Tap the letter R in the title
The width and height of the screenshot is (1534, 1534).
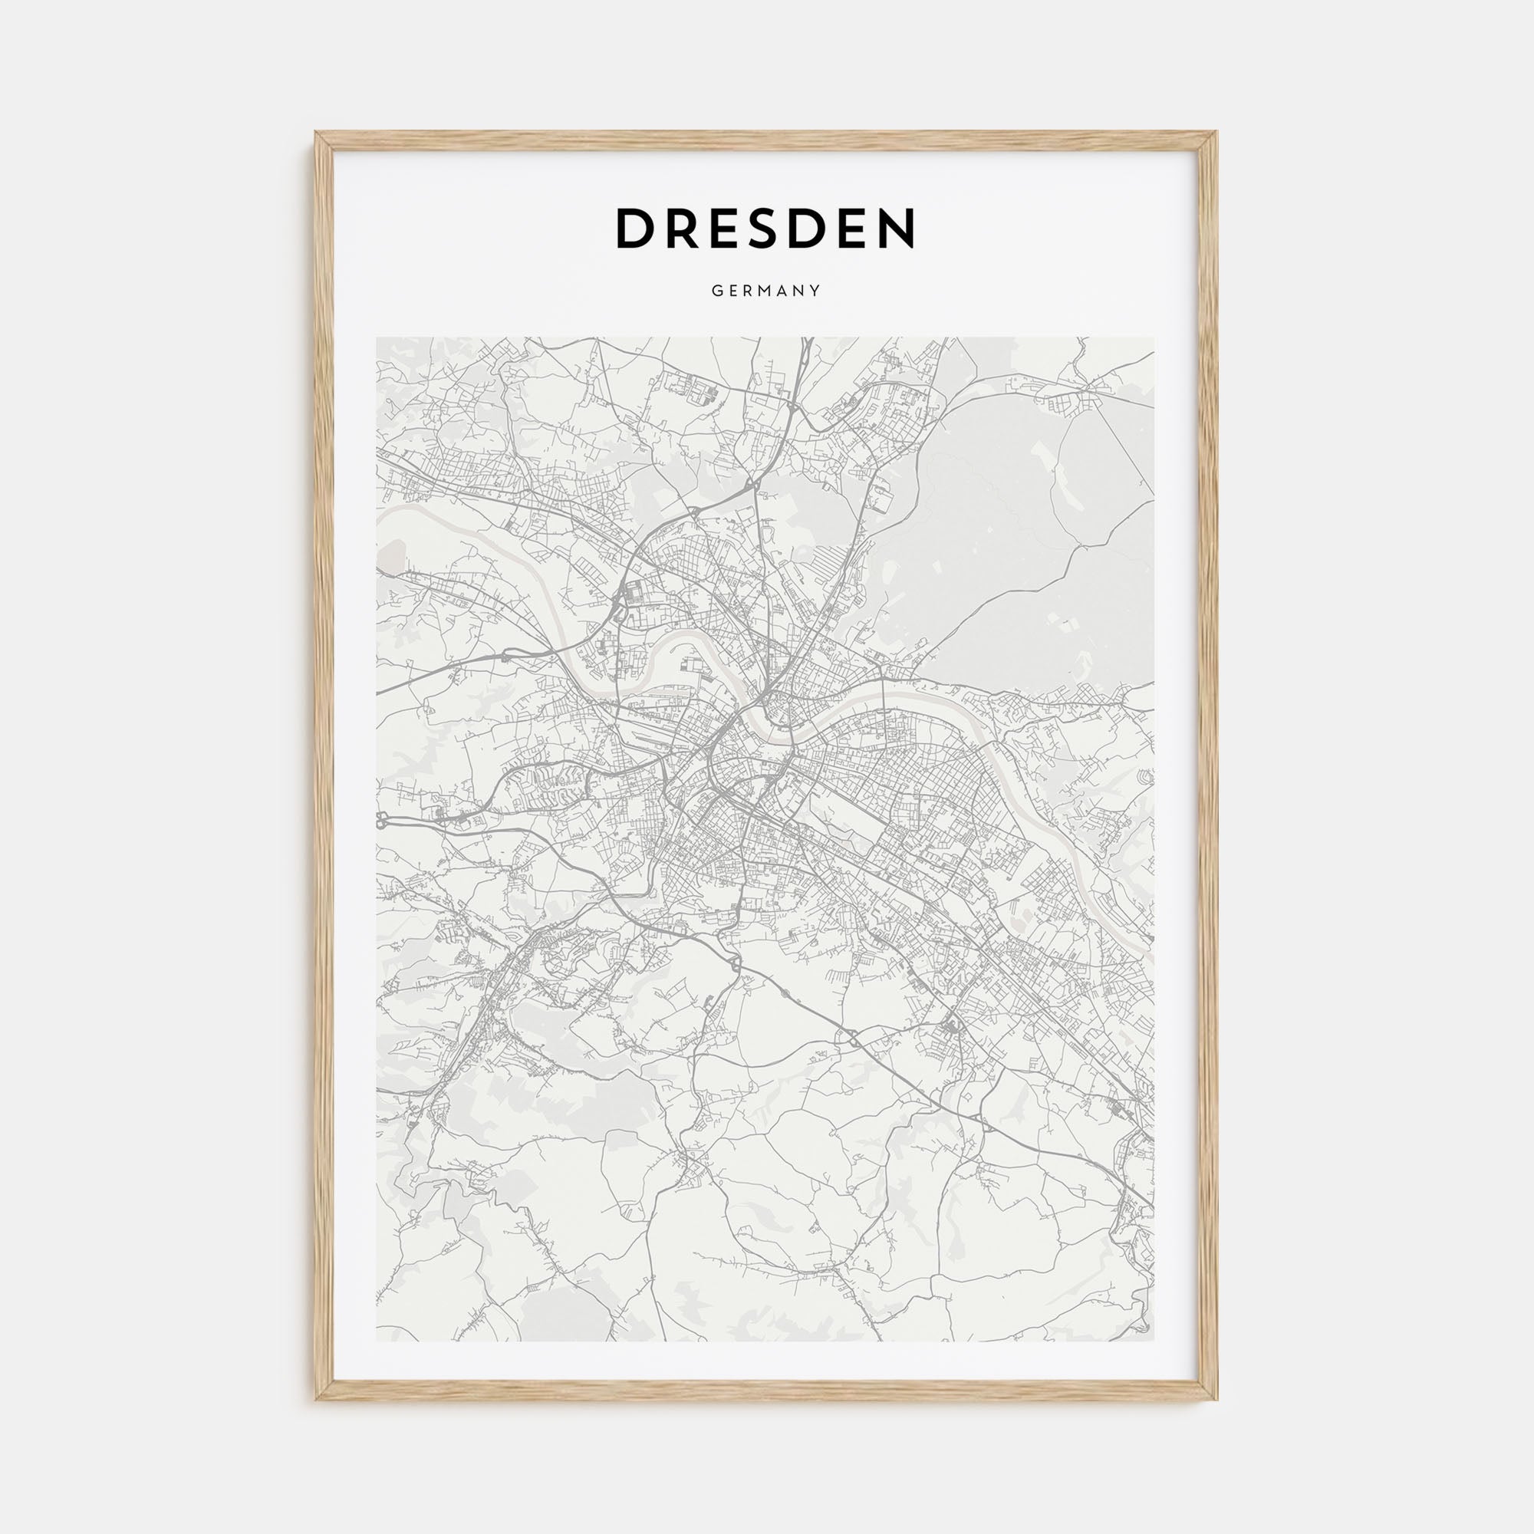coord(686,229)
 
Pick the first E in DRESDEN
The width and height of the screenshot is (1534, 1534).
coord(729,229)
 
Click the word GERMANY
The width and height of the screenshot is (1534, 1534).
coord(766,291)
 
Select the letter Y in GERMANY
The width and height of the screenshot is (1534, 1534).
coord(815,291)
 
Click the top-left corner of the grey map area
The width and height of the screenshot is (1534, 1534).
coord(377,338)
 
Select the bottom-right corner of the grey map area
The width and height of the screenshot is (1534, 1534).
coord(1155,1341)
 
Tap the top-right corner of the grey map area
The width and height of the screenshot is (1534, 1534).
coord(1155,338)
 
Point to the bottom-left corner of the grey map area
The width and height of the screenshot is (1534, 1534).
coord(377,1341)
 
